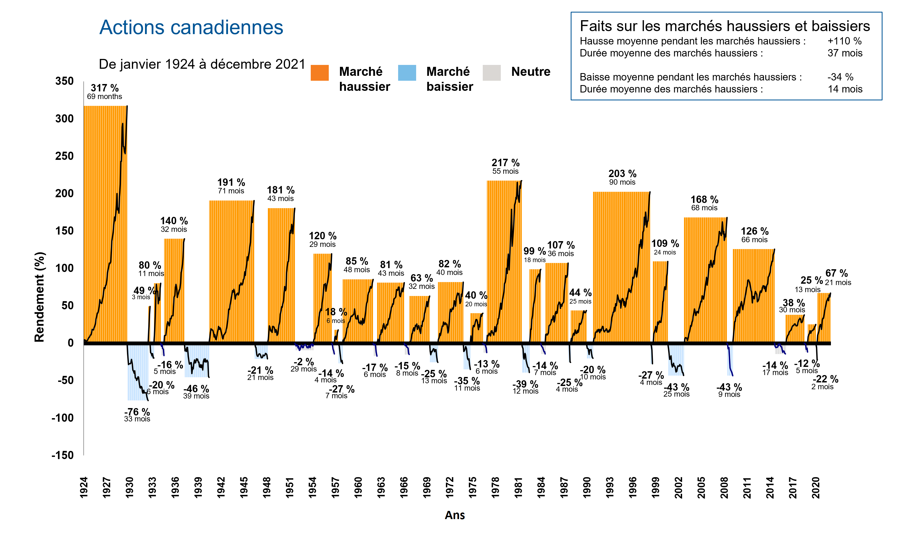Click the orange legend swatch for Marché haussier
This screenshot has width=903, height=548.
[319, 73]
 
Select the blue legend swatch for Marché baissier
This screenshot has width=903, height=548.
[407, 73]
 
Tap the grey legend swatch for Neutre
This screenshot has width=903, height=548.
[492, 73]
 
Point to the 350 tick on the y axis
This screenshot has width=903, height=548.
[64, 81]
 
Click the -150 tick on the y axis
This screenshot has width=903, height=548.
[63, 455]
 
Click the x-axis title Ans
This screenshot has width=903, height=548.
[454, 515]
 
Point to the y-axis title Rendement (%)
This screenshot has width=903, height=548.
[39, 297]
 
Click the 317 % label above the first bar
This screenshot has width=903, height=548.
[105, 88]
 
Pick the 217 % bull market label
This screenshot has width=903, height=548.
[505, 163]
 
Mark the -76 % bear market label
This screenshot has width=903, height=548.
[137, 412]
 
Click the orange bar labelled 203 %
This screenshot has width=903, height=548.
[621, 267]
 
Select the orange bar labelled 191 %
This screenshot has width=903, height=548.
[231, 271]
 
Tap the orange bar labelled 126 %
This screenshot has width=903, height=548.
[753, 297]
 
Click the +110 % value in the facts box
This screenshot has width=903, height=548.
[844, 41]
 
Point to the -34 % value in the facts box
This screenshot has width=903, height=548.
[840, 77]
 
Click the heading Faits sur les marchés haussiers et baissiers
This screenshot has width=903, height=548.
[724, 26]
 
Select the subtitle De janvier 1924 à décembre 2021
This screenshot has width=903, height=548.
[202, 64]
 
